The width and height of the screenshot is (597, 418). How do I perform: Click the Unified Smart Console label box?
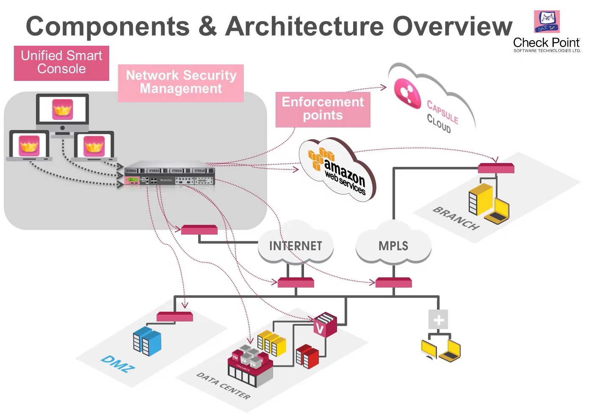(x=61, y=63)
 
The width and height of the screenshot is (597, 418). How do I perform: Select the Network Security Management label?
(x=181, y=83)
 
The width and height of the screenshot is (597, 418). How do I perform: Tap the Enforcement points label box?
(x=323, y=109)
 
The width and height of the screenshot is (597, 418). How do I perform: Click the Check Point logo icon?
(x=547, y=22)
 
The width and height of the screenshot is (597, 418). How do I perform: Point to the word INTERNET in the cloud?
(x=296, y=246)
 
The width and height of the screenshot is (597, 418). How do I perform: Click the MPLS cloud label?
(x=393, y=246)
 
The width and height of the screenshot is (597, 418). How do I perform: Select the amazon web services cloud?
(x=338, y=169)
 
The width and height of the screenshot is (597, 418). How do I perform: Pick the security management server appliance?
(x=169, y=174)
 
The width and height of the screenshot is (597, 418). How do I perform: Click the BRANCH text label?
(x=456, y=218)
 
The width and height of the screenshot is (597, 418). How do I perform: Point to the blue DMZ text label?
(x=117, y=364)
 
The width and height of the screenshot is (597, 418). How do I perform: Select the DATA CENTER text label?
(x=223, y=386)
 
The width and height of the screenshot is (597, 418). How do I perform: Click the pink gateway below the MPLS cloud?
(x=394, y=282)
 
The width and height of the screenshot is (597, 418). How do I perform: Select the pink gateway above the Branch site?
(x=496, y=168)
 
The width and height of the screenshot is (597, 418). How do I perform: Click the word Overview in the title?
(x=452, y=26)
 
